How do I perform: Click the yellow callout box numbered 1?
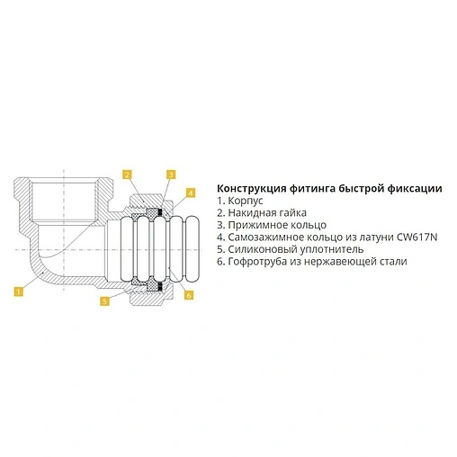coord(18,291)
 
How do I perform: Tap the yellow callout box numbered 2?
coord(127,175)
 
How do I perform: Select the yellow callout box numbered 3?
coord(171,175)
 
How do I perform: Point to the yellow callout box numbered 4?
coord(191,193)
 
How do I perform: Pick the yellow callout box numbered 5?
coord(104,300)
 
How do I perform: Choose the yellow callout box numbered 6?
coord(189,295)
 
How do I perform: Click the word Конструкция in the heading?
coord(251,189)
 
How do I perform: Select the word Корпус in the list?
coord(246,201)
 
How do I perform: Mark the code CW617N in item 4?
coord(417,237)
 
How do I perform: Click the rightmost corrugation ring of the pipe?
coord(194,248)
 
